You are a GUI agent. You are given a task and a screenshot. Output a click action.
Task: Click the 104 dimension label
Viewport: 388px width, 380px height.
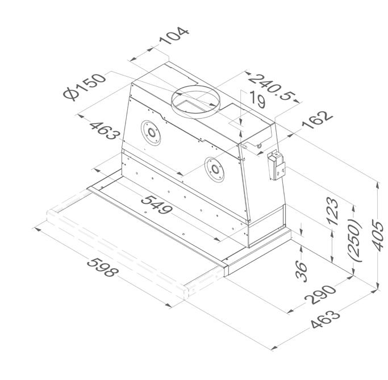pos(173,36)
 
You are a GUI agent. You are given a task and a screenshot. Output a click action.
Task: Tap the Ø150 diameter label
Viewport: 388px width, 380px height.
pos(85,87)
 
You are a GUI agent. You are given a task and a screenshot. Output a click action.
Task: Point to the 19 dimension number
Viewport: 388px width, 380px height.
pos(257,99)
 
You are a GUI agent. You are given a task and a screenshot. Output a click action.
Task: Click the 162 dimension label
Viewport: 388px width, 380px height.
pos(317,120)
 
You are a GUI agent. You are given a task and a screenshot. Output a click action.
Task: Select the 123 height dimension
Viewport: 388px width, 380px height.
pos(332,211)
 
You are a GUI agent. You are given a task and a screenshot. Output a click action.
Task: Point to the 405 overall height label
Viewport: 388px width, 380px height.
pos(378,235)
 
